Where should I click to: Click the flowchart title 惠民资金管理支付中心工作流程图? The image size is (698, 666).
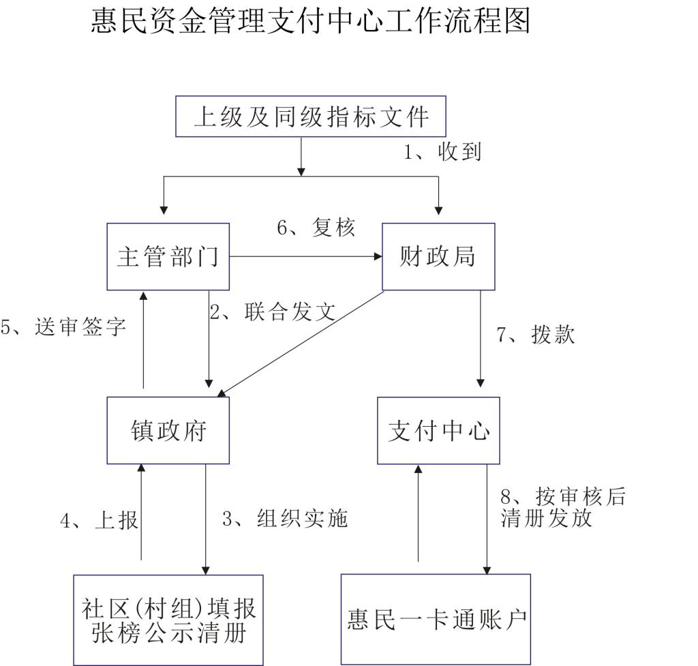tap(310, 21)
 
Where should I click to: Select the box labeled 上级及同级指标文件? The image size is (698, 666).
tap(311, 116)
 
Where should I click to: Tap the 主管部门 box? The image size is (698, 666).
tap(168, 256)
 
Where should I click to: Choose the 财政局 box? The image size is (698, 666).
tap(438, 256)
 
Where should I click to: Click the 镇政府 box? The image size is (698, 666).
tap(168, 430)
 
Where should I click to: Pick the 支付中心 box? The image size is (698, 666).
tap(438, 431)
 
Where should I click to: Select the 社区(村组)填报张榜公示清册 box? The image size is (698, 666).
tap(168, 620)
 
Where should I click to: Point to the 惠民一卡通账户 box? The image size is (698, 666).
tap(436, 619)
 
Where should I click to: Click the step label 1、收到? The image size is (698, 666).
tap(442, 152)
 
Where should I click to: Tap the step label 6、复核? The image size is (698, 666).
tap(316, 228)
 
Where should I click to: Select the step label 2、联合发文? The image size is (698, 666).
tap(273, 312)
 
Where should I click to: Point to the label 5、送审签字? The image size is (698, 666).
tap(63, 327)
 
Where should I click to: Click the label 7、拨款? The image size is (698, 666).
tap(536, 334)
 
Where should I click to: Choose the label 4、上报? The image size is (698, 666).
tap(100, 520)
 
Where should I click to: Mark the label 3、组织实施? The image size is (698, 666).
tap(285, 518)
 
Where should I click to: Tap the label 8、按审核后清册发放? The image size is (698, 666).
tap(563, 506)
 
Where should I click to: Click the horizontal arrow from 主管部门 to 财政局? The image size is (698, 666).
tap(306, 256)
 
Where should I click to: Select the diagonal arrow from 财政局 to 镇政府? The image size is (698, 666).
tap(301, 344)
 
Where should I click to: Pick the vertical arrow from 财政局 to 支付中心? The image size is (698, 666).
tap(481, 339)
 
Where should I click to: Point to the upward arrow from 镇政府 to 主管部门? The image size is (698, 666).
tap(143, 339)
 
